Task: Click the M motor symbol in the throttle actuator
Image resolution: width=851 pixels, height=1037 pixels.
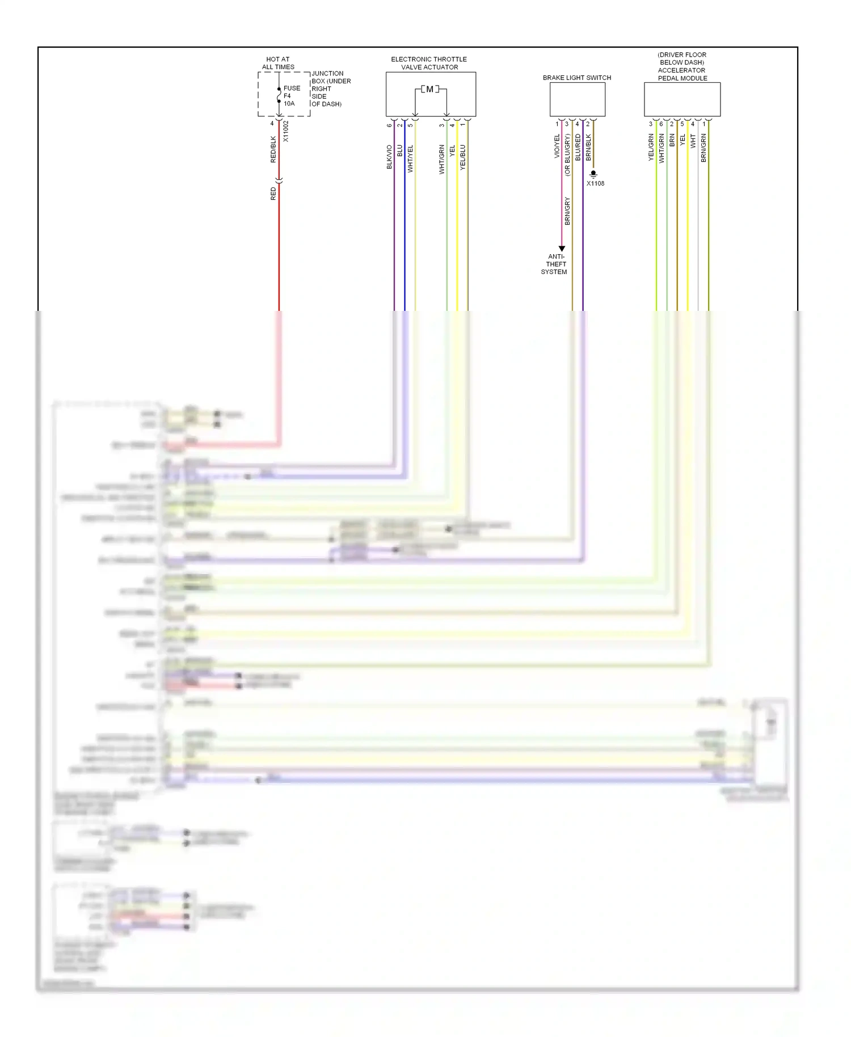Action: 429,89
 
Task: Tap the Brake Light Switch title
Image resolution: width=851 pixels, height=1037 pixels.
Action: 576,78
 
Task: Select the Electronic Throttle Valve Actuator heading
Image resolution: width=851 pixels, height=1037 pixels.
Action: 429,63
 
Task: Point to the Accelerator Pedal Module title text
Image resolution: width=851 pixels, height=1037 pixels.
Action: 682,67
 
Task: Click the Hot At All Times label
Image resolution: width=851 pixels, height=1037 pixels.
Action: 278,63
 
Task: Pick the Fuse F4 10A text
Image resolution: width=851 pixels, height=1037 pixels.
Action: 291,96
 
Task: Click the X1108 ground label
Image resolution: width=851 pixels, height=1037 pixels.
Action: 595,183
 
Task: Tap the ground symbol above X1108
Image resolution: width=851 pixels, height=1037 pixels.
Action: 593,174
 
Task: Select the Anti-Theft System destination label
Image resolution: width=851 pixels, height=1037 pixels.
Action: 554,264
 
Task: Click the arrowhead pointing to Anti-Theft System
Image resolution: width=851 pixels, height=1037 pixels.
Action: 562,248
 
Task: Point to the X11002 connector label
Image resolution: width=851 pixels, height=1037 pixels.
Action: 286,131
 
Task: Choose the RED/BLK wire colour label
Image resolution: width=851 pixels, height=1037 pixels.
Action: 273,149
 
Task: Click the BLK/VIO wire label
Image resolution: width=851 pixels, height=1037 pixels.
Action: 389,157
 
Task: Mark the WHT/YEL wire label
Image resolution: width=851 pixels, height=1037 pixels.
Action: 410,159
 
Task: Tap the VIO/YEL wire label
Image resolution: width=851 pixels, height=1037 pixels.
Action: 557,146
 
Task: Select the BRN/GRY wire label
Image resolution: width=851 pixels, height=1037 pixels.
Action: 567,211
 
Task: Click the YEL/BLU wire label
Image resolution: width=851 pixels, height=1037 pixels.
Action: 462,157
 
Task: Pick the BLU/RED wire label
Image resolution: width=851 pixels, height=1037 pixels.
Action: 578,147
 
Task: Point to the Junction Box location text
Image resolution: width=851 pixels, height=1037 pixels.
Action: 331,89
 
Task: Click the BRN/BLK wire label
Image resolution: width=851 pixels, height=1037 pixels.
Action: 588,147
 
